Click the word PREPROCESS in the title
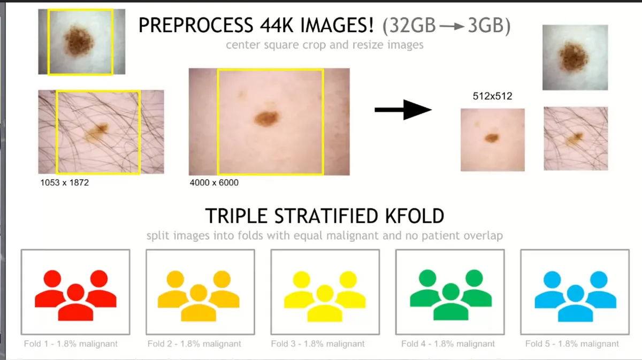click(x=196, y=25)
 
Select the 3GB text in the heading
click(x=486, y=25)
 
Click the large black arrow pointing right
click(x=403, y=110)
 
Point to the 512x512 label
click(x=492, y=96)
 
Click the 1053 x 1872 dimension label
click(x=65, y=182)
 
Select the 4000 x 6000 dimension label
click(x=214, y=182)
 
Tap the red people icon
click(x=75, y=295)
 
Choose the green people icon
click(x=451, y=295)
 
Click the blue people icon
click(x=576, y=296)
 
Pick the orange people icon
click(x=198, y=296)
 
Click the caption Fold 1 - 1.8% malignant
click(x=71, y=343)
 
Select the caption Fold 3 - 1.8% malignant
click(x=318, y=343)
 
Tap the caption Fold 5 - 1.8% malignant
click(x=572, y=343)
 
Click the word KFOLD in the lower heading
click(x=415, y=216)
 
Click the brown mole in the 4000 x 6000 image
click(x=266, y=118)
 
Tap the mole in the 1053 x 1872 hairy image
click(x=97, y=132)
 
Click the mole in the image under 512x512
click(x=492, y=138)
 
